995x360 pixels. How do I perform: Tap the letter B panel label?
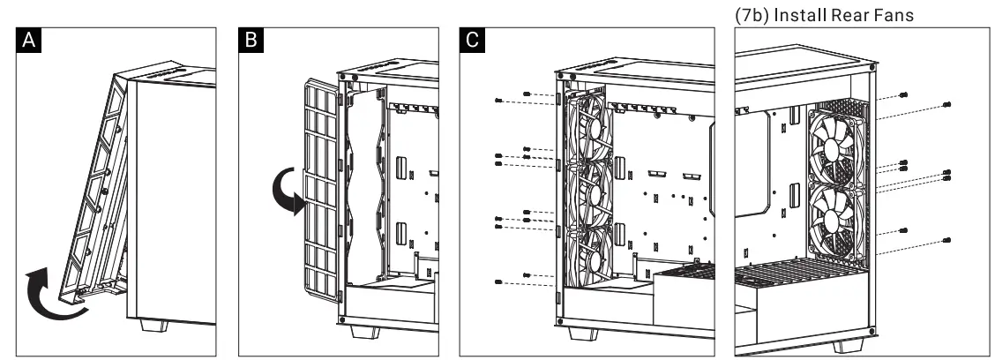pos(251,41)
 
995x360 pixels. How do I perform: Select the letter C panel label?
pos(474,41)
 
